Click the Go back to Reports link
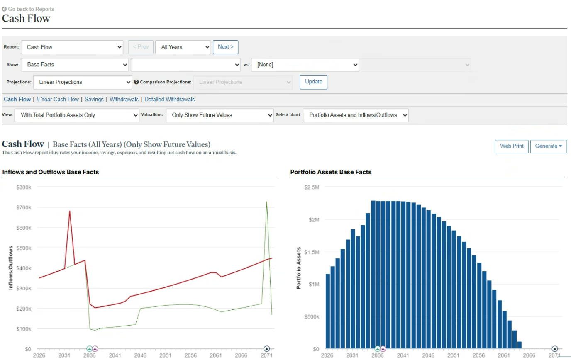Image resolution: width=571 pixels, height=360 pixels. [x=28, y=9]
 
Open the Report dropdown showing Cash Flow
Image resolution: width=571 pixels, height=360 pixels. [x=72, y=47]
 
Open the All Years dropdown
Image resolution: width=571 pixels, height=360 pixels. [x=183, y=47]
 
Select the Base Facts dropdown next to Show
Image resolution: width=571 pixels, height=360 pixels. [x=75, y=65]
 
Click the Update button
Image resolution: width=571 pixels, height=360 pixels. [x=314, y=82]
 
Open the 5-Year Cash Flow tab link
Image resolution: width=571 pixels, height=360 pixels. [x=58, y=100]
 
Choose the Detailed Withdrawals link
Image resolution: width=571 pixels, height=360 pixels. [x=169, y=100]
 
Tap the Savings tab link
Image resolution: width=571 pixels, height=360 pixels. [x=94, y=100]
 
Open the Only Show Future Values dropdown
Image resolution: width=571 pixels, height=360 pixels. [x=220, y=115]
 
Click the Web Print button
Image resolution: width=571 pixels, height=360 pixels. [x=512, y=146]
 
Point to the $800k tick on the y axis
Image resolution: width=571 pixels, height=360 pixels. [x=24, y=187]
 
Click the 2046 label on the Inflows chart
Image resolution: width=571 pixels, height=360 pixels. [x=140, y=355]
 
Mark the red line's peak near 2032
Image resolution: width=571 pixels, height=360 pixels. [x=70, y=211]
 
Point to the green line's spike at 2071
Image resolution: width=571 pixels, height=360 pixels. [x=267, y=202]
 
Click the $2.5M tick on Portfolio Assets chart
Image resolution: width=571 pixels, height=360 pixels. [x=312, y=187]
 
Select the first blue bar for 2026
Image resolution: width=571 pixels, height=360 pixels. [x=328, y=311]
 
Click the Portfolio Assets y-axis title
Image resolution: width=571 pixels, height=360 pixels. [x=298, y=268]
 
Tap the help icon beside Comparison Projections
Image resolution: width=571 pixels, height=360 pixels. [x=137, y=82]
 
